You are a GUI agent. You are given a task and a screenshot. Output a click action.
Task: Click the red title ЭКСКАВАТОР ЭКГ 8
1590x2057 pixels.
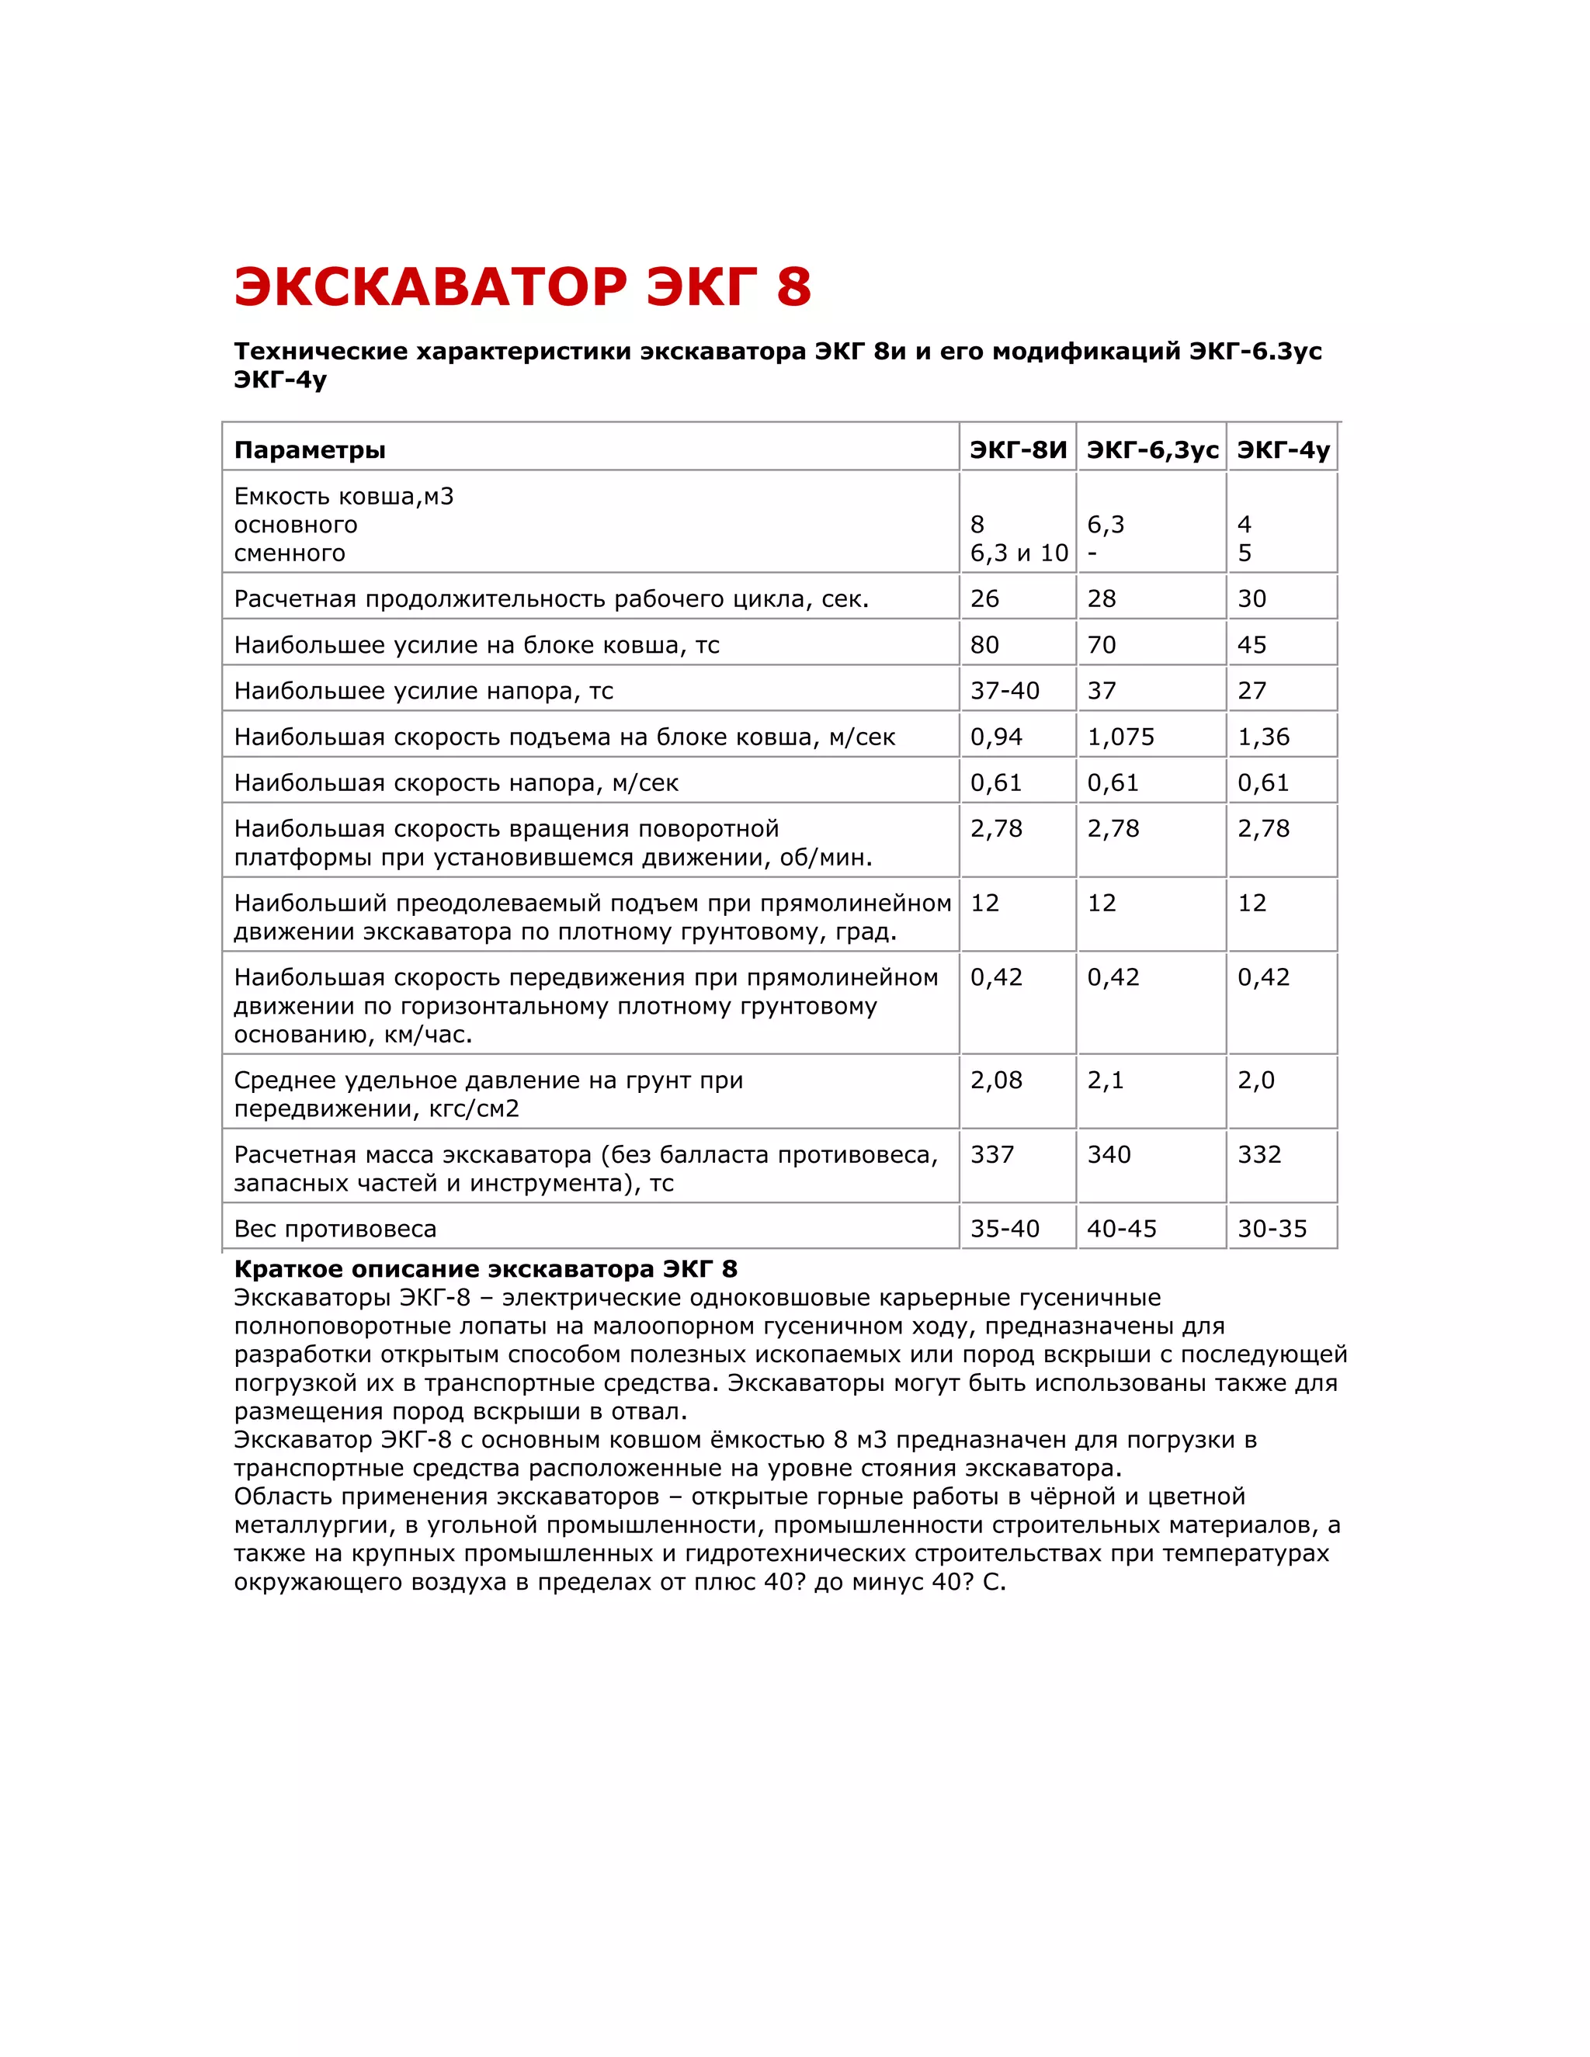point(522,286)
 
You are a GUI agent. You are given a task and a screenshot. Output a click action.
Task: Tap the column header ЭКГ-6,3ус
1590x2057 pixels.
point(1152,450)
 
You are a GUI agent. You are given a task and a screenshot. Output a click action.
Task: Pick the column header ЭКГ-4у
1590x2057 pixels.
point(1283,450)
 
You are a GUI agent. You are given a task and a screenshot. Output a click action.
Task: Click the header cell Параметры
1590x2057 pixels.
point(310,450)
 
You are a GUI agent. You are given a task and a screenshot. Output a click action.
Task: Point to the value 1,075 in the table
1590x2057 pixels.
point(1120,737)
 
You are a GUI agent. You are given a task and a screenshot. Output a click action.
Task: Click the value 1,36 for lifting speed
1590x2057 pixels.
point(1263,737)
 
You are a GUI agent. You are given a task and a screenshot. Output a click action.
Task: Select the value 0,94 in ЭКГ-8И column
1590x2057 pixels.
point(995,737)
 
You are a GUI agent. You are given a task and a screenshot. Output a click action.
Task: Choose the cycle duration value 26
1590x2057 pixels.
point(984,599)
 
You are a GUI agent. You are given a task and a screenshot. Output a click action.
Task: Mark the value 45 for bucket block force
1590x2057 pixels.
point(1251,645)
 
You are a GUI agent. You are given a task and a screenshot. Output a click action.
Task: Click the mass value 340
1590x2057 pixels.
point(1109,1155)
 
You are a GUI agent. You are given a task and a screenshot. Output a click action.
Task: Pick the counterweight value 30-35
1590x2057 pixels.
point(1272,1229)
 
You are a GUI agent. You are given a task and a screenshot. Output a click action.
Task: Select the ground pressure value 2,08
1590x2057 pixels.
point(995,1081)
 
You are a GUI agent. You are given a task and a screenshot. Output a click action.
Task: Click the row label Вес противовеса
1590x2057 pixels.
point(335,1229)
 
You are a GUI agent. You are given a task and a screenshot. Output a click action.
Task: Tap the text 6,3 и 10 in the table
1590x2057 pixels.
point(1019,553)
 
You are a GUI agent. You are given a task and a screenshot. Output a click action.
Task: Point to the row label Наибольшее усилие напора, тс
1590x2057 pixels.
point(423,692)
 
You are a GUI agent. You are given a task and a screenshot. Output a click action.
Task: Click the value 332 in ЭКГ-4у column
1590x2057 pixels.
point(1258,1155)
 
